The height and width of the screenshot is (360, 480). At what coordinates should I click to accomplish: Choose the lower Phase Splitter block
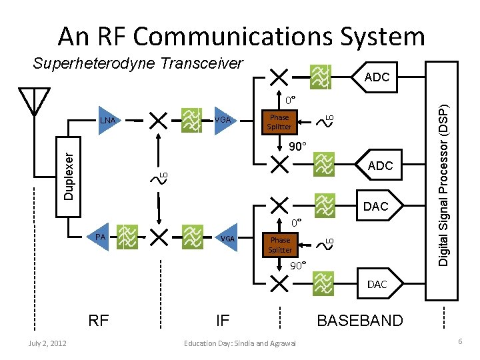coord(280,245)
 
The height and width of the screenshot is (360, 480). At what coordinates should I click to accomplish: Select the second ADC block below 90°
coord(379,165)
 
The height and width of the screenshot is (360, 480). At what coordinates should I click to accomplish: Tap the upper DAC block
coord(375,207)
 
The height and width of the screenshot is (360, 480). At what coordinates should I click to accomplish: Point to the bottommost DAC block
coord(377,284)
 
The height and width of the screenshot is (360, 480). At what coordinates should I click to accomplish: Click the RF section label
coord(99,321)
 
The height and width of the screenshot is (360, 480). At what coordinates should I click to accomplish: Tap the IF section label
coord(223,321)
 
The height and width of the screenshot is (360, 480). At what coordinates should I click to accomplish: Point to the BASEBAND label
coord(359,321)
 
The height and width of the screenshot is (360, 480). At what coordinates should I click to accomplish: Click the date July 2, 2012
coord(47,343)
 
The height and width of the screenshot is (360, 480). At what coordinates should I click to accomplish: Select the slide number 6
coord(459,341)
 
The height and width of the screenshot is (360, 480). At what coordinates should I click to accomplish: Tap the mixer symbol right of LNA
coord(158,120)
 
